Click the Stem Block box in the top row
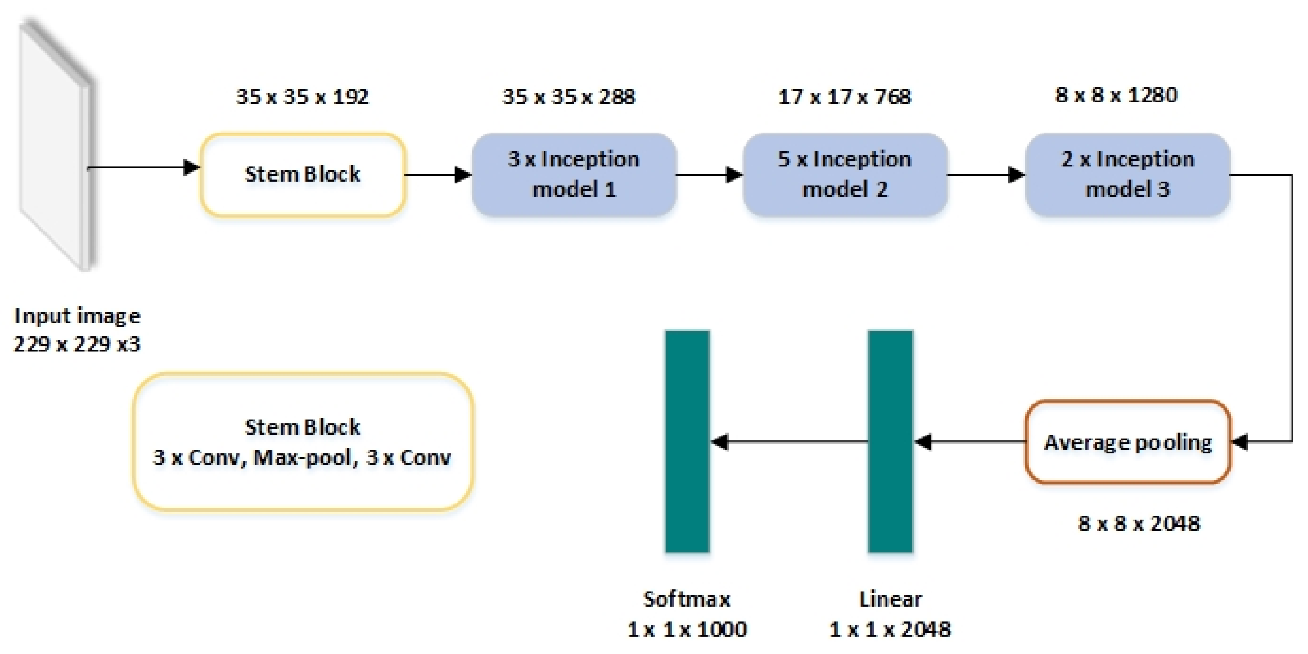point(302,174)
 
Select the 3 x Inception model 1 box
point(574,174)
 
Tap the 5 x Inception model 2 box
point(845,174)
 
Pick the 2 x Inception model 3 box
point(1127,174)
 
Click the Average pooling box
point(1127,442)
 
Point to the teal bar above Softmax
point(687,441)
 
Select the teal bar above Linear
point(890,441)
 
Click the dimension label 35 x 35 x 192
point(302,96)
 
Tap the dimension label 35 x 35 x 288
point(569,96)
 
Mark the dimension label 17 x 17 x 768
point(845,96)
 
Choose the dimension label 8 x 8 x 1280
point(1116,95)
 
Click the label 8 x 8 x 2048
point(1139,523)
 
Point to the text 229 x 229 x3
point(76,344)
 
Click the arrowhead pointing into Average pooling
point(1240,442)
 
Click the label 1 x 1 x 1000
point(687,629)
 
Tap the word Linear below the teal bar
point(890,599)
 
